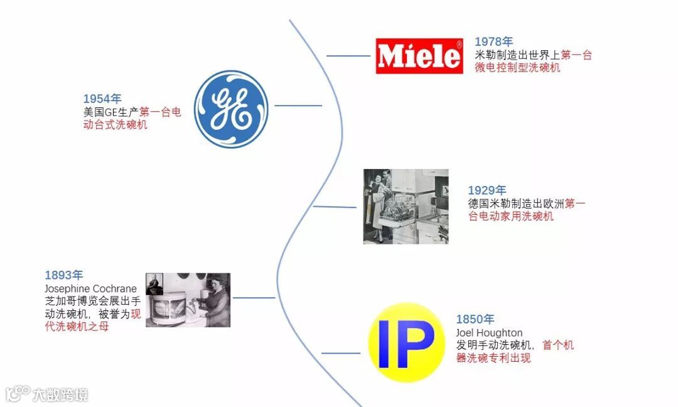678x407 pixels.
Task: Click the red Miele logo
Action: (x=419, y=56)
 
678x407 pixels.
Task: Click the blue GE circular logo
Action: (x=230, y=109)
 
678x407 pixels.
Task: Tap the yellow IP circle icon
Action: (x=406, y=343)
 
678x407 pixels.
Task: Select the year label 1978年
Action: (x=493, y=42)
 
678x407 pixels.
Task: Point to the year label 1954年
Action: (x=102, y=99)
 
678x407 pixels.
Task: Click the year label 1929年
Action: (x=487, y=190)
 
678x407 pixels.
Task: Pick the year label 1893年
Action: (x=63, y=275)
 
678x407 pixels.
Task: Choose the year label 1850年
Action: (x=475, y=319)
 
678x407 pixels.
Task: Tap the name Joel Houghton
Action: (x=489, y=333)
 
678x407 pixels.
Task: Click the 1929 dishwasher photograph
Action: (x=406, y=206)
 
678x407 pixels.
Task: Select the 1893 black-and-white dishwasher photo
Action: (x=188, y=300)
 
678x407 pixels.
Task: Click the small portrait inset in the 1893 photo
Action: (x=154, y=284)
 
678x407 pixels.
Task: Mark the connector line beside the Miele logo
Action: (x=348, y=56)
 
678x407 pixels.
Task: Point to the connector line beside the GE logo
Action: (x=298, y=106)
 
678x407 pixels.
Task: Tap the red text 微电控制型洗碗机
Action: (x=517, y=68)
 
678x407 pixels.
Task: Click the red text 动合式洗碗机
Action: (x=116, y=125)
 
